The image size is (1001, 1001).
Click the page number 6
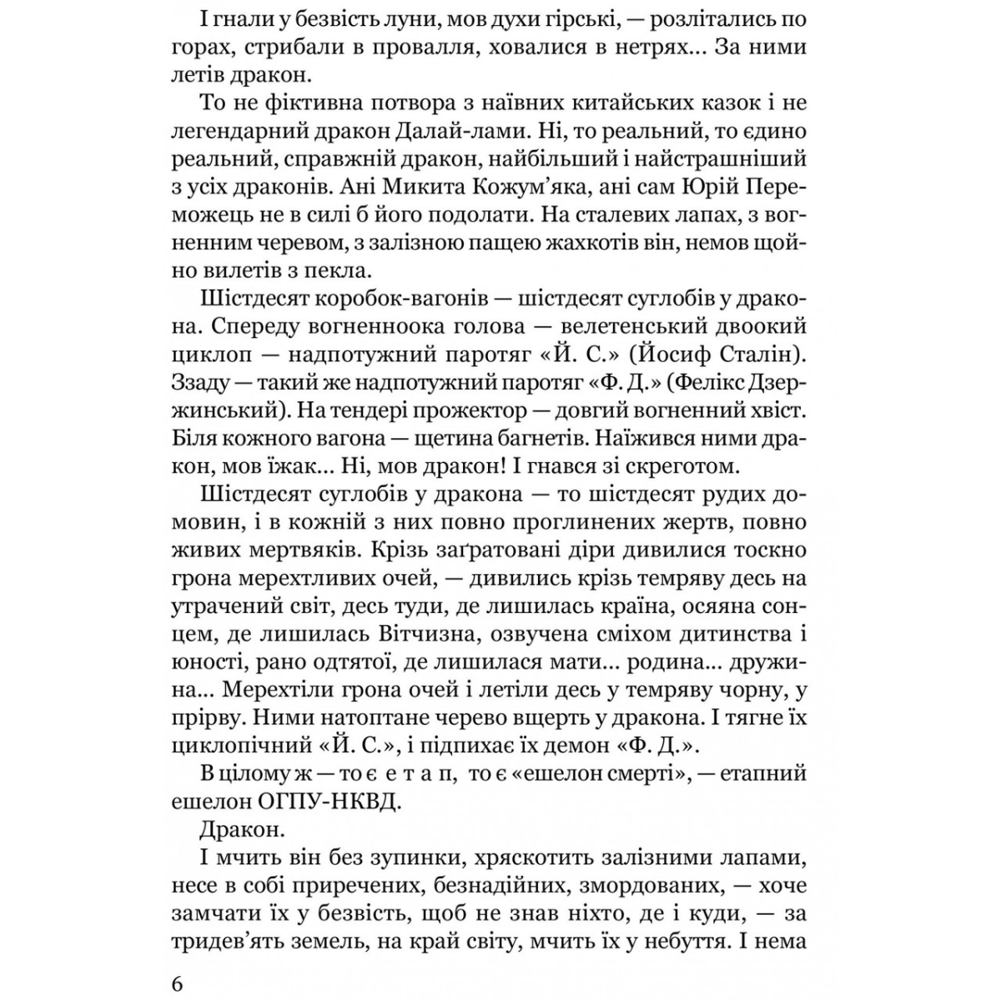(176, 984)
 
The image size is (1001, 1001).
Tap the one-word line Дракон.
(243, 829)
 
